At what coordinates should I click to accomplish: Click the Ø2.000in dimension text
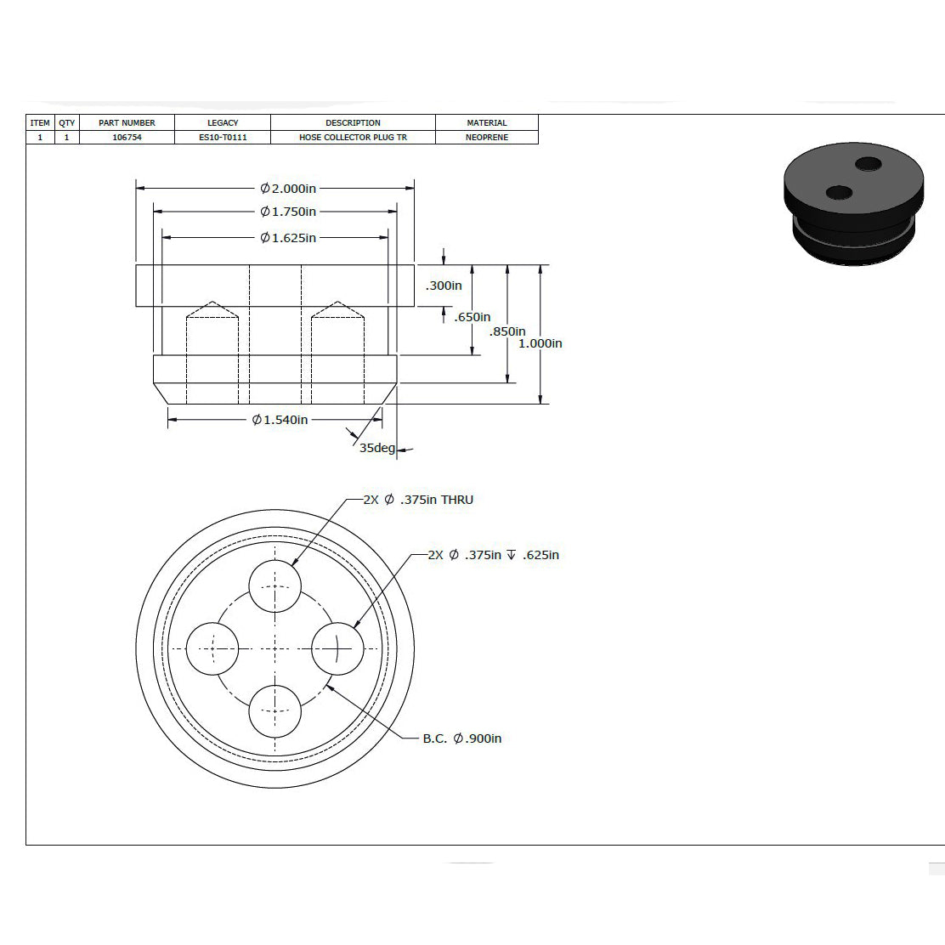288,189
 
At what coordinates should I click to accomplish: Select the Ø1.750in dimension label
288,212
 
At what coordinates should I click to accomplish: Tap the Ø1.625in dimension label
288,238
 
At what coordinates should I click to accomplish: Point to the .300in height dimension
444,286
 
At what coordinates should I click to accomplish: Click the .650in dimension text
472,317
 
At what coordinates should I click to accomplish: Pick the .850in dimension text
506,331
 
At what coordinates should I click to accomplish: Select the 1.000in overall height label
540,343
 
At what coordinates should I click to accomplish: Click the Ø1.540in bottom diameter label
280,420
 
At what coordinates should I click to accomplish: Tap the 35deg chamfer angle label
377,448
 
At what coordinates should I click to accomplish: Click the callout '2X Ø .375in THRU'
418,500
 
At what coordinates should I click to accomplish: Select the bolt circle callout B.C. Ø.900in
462,738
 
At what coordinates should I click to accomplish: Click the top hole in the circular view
274,586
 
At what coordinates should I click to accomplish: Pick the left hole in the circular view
212,648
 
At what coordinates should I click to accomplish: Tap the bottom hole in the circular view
274,711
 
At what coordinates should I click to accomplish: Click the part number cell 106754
127,138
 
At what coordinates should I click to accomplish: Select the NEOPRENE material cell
487,138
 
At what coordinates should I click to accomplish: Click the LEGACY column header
223,122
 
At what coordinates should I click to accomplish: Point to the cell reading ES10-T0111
223,138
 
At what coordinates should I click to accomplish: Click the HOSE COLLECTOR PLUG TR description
354,138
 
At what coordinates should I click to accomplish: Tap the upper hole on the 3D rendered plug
869,163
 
